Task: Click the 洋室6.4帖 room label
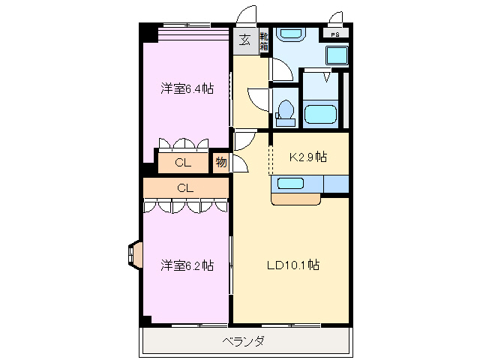coord(186,88)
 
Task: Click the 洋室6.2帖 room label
coord(186,265)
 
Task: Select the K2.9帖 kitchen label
coord(308,157)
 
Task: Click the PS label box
coord(334,33)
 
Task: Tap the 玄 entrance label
coord(245,40)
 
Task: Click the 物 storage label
coord(220,162)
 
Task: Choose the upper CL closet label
coord(182,162)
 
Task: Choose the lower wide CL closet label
coord(185,187)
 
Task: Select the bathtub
coord(321,115)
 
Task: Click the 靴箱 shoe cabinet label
coord(264,42)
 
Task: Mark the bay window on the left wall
coord(134,253)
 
